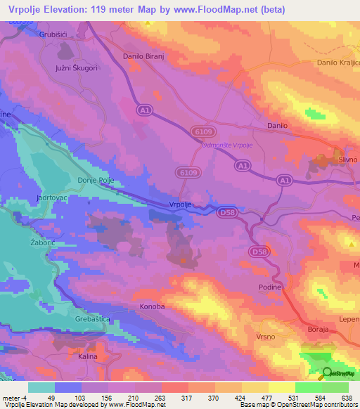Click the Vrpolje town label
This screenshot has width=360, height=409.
click(181, 204)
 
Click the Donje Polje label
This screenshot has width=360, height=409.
click(95, 180)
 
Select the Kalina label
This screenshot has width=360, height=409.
click(87, 357)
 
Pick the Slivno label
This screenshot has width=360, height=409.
click(348, 160)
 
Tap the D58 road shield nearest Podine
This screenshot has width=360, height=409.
click(259, 250)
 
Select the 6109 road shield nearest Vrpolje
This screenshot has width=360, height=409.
click(187, 171)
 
